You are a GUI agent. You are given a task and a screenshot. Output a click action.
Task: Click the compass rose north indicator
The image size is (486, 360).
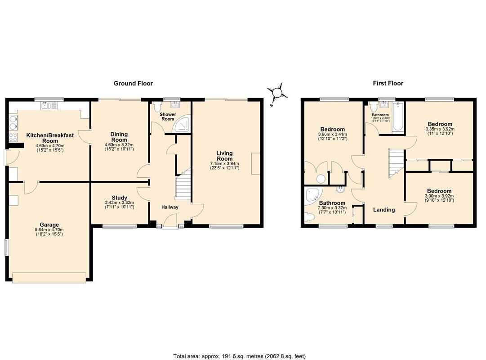tap(277, 93)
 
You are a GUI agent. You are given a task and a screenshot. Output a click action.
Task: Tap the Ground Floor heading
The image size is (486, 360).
tap(133, 83)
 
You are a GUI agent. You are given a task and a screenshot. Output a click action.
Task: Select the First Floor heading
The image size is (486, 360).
tap(388, 83)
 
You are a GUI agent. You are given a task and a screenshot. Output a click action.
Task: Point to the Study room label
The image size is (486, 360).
tap(119, 198)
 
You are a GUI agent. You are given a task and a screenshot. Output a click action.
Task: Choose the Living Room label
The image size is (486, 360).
tap(224, 156)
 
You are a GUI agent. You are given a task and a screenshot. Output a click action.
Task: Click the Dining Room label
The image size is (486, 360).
tap(119, 137)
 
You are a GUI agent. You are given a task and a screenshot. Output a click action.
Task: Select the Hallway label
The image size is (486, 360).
tap(170, 207)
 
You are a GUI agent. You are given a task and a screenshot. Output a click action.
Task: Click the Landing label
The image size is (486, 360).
tap(384, 210)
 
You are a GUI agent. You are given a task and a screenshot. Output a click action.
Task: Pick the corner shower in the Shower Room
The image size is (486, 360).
tap(182, 125)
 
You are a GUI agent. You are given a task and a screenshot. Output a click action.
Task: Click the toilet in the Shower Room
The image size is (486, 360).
tap(156, 108)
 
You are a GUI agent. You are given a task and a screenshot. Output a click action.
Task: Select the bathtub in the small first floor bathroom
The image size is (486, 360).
tap(398, 117)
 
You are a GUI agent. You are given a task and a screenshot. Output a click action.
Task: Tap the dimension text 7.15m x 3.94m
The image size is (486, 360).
tap(224, 163)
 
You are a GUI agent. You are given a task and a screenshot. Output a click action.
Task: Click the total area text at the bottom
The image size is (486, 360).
tap(240, 356)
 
